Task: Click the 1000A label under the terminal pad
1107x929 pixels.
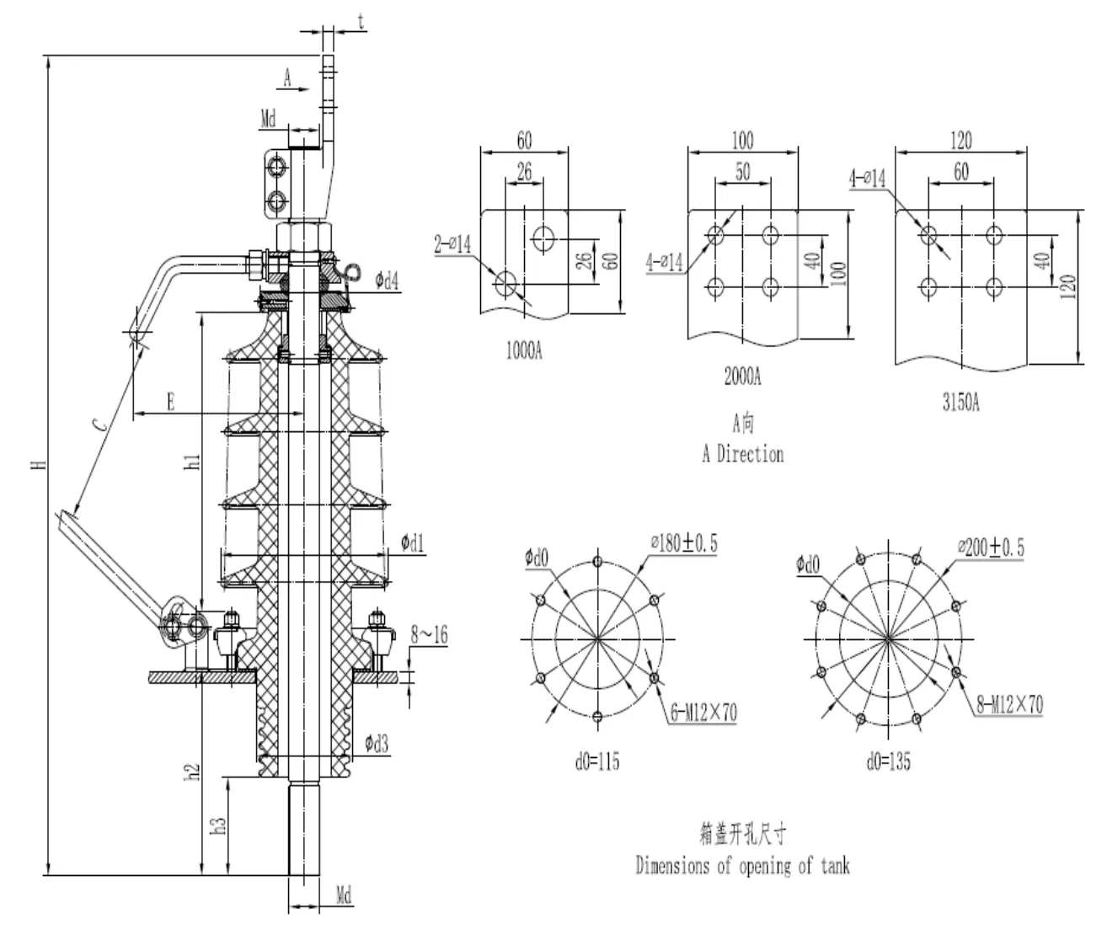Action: [x=524, y=351]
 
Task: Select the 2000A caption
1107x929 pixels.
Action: [x=742, y=376]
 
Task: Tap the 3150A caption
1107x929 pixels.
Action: [x=960, y=403]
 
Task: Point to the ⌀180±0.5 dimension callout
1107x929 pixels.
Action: [x=684, y=543]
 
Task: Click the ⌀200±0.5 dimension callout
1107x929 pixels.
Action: [x=991, y=547]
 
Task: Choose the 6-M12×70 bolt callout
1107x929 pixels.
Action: [x=703, y=713]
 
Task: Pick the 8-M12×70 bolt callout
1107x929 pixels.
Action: [x=1009, y=705]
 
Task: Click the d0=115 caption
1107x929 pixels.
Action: [x=597, y=762]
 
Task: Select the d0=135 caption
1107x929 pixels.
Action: [x=888, y=762]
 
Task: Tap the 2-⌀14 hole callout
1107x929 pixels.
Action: [x=452, y=245]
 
